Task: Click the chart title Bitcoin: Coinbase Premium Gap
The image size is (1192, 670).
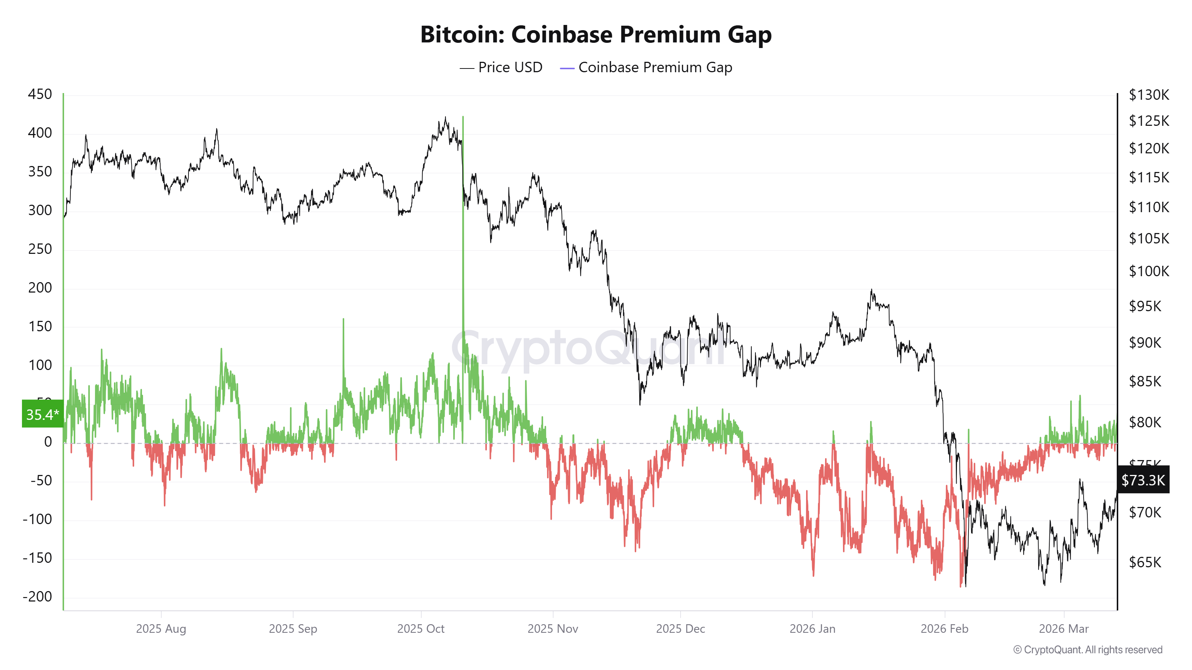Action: [x=596, y=35]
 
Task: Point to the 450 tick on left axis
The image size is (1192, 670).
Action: [x=40, y=94]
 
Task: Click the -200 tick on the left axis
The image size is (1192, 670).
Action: [x=38, y=596]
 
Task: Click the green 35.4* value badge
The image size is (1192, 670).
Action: [x=42, y=414]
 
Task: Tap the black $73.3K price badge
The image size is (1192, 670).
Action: [x=1142, y=480]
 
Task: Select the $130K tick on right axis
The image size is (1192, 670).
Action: [x=1148, y=95]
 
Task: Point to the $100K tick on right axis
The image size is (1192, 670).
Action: [x=1148, y=271]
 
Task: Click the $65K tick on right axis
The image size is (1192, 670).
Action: [x=1145, y=562]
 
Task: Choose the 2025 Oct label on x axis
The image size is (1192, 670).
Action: [x=421, y=629]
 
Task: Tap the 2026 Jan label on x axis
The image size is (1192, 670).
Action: [x=812, y=629]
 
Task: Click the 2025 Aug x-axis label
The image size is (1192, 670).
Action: [x=161, y=629]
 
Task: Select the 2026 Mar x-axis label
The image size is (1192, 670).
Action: [x=1063, y=629]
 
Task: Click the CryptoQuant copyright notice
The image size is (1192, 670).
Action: [x=1087, y=650]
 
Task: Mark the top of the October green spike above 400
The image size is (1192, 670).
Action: [x=463, y=118]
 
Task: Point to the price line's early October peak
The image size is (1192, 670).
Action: [x=445, y=118]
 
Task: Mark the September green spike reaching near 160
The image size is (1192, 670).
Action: [x=343, y=319]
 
